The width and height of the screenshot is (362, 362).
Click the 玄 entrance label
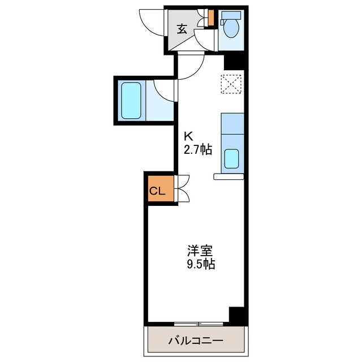pos(182,29)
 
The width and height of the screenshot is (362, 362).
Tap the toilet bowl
pos(231,28)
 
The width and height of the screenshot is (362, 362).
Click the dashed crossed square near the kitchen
pos(231,85)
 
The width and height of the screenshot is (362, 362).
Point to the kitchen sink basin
pos(232,159)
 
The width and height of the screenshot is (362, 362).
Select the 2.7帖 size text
pos(197,150)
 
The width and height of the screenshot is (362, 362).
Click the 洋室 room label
pos(200,249)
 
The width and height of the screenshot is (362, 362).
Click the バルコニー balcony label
pos(196,341)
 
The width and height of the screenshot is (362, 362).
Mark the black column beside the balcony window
pos(238,314)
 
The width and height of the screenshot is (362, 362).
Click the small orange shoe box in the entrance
pos(211,19)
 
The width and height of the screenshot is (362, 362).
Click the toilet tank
pos(231,16)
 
